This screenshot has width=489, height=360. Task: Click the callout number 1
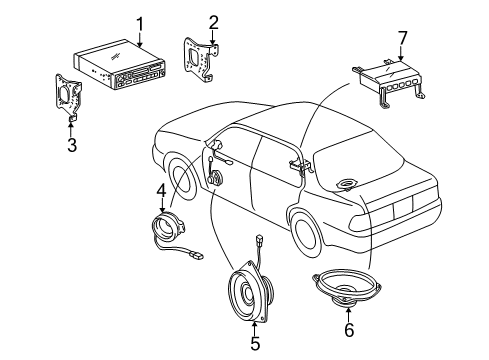[141, 22]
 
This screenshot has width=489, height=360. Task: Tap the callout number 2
[213, 22]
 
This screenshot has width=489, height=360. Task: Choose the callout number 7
[402, 39]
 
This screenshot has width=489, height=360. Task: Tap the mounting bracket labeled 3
[71, 99]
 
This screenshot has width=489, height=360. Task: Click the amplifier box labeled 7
[391, 80]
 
